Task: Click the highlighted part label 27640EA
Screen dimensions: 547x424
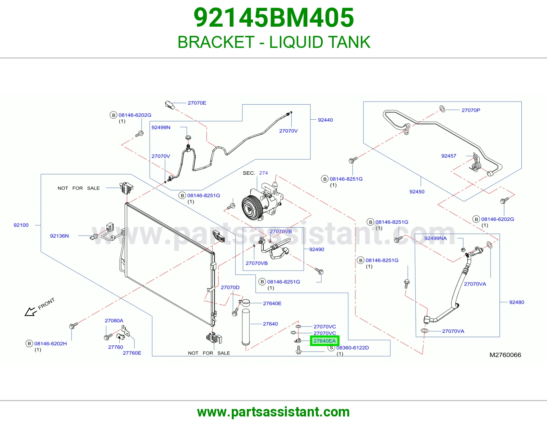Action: point(324,341)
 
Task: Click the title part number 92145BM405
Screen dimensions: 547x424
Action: point(273,17)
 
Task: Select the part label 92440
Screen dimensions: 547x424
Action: point(325,120)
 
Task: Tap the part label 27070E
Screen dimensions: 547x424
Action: point(197,103)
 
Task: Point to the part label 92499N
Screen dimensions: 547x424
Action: point(161,128)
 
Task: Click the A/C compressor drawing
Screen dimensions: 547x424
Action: point(262,202)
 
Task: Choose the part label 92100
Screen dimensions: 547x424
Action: point(21,225)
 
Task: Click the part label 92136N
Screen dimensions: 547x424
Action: point(59,236)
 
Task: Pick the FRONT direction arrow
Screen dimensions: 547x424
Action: point(30,312)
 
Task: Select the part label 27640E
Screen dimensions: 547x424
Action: point(272,303)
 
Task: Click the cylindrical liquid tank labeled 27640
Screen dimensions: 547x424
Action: point(246,327)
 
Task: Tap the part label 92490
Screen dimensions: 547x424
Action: point(317,249)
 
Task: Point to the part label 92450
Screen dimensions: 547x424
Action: point(417,191)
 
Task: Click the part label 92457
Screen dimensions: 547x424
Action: point(449,156)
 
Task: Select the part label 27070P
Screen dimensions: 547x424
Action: point(471,110)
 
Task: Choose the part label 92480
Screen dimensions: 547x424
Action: point(517,302)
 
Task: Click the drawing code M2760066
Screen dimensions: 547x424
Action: point(505,355)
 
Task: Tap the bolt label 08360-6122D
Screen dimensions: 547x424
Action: point(352,348)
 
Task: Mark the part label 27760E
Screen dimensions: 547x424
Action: point(132,353)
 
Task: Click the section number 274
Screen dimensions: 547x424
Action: point(263,173)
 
